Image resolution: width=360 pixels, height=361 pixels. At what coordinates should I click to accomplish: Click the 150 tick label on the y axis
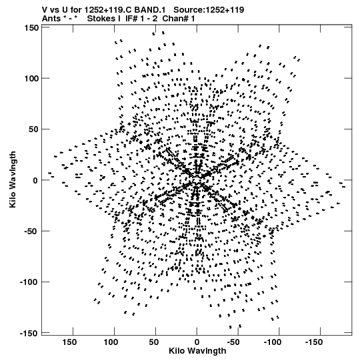(x=31, y=27)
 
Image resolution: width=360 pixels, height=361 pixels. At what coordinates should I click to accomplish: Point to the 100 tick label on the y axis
(x=31, y=79)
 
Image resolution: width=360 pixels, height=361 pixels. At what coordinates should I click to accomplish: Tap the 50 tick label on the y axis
(x=34, y=129)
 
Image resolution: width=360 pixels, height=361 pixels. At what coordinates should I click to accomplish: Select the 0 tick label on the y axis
(x=35, y=180)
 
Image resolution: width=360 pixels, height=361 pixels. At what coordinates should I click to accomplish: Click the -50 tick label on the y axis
(x=31, y=232)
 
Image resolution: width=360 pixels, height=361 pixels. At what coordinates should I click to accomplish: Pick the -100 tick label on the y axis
(x=29, y=282)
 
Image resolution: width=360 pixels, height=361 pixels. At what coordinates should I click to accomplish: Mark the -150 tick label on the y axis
(x=29, y=334)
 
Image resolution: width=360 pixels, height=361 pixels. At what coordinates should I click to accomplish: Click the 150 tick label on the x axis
(x=69, y=342)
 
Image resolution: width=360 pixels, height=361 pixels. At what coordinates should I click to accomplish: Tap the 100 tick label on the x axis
(x=111, y=342)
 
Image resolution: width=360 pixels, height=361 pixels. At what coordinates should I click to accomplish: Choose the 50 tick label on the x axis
(x=154, y=342)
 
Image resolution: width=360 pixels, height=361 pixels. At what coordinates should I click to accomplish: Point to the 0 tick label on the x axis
(x=197, y=342)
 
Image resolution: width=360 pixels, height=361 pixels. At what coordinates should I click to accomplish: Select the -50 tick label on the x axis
(x=235, y=342)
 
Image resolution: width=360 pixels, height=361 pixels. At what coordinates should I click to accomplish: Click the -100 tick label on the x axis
(x=273, y=342)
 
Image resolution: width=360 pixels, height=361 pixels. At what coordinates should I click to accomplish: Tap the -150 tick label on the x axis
(x=314, y=342)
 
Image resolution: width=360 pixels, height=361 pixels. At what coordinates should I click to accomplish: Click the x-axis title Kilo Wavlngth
(x=197, y=351)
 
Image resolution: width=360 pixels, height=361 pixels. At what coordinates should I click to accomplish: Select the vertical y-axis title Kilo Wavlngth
(x=13, y=179)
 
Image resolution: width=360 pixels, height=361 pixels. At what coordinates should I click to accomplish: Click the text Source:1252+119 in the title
(x=209, y=10)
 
